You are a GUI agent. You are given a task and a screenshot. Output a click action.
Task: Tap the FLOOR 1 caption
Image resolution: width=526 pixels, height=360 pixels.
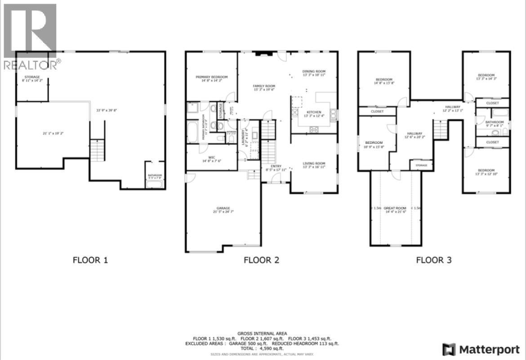coord(90,260)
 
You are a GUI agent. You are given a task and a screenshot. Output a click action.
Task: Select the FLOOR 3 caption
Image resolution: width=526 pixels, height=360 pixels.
coord(433,260)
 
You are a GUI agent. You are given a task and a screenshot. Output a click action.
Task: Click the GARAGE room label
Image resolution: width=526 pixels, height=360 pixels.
coord(223,208)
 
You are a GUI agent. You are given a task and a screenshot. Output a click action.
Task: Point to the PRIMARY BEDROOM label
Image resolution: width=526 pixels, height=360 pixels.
coord(211,77)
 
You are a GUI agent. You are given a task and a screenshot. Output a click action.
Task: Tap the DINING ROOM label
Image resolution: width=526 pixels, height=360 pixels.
coord(313,71)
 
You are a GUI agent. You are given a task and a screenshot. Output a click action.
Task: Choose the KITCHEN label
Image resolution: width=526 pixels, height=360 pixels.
coord(314,112)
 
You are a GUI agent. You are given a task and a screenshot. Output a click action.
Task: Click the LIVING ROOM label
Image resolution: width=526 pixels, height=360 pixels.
coord(313,164)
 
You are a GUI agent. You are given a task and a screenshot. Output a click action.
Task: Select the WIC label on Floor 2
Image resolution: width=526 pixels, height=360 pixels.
coord(212,157)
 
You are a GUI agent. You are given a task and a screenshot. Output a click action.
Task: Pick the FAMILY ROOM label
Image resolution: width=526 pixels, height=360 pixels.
coord(264,86)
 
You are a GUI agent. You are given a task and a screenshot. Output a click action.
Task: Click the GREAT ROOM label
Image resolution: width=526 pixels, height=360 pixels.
coord(396,208)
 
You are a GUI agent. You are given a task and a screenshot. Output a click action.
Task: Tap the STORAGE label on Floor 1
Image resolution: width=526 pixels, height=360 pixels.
coord(32,77)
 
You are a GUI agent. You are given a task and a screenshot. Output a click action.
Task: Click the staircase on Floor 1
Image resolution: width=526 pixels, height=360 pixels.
coord(98,150)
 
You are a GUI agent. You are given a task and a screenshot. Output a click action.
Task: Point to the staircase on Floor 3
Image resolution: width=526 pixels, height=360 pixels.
coord(441,130)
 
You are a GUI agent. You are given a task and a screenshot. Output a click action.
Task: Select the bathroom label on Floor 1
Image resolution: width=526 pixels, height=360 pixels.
coord(155,175)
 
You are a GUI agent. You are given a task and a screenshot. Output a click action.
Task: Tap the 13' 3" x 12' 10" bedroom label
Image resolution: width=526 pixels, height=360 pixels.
coord(486,170)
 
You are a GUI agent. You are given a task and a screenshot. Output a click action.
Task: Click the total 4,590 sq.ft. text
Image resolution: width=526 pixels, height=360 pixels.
coord(263,348)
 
